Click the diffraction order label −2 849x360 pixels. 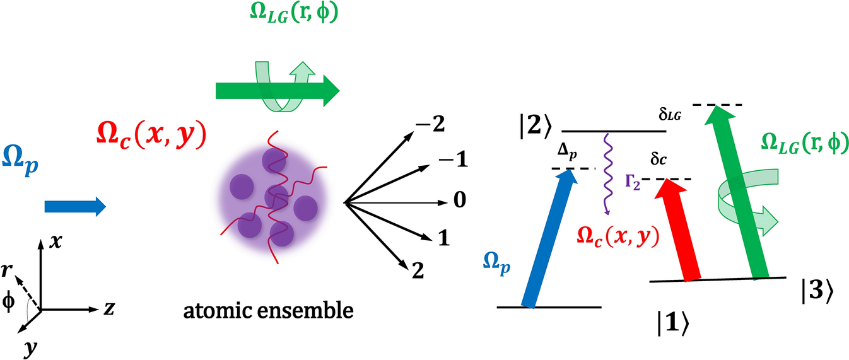[x=430, y=124]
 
